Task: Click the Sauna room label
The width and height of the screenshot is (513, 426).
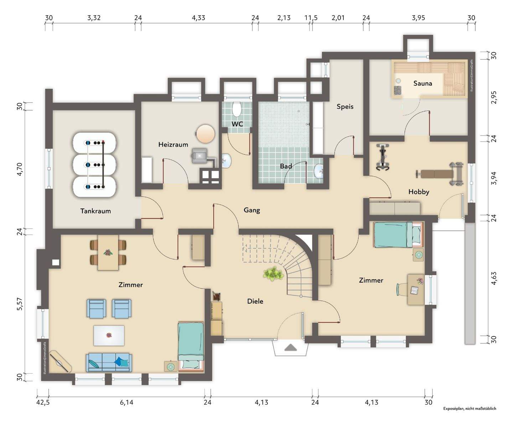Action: pos(423,83)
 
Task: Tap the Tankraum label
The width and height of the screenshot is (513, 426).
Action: pos(95,211)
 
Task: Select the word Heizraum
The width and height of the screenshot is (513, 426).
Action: pos(173,144)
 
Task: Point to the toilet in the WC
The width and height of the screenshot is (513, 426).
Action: pos(237,109)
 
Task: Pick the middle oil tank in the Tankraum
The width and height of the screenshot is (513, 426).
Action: pos(95,164)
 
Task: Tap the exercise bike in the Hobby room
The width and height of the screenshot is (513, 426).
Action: pos(383,157)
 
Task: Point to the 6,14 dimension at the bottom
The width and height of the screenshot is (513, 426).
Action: pos(127,402)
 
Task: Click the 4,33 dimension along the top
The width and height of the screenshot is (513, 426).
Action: pos(198,18)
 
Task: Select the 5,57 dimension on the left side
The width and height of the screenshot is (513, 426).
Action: pos(20,304)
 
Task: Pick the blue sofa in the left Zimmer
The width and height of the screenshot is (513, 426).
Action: pos(109,362)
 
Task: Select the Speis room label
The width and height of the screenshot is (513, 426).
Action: pos(345,107)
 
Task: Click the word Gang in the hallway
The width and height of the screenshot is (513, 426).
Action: pos(252,210)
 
